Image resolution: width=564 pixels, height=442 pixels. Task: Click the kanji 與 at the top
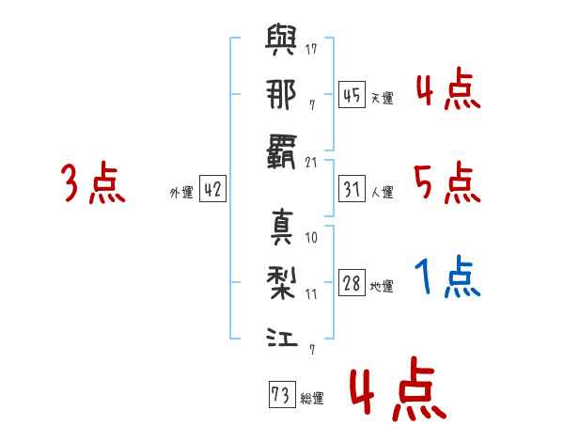coord(281,39)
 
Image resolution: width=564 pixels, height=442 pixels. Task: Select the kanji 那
coord(281,94)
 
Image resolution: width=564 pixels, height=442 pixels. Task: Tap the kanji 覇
coord(281,151)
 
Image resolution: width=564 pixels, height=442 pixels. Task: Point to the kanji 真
coord(282,227)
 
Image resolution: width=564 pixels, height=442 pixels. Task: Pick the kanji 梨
coord(281,282)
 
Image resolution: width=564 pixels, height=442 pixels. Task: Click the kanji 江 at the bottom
coord(282,337)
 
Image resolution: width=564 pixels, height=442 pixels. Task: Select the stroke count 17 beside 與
coord(311,49)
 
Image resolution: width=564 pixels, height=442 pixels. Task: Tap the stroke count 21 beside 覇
coord(311,163)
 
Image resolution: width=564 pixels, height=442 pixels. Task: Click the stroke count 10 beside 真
coord(311,238)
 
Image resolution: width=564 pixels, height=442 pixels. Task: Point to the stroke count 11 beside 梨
coord(311,294)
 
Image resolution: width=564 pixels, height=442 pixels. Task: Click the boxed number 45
coord(352,95)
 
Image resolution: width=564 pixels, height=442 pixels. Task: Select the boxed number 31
coord(352,189)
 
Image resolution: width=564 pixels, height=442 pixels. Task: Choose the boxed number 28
coord(352,283)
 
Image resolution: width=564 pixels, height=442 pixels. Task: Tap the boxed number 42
coord(212,189)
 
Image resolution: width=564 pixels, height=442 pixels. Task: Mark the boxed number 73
coord(282,394)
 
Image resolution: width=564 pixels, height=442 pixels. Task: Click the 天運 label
coord(382,98)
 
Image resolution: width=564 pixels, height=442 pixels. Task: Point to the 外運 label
coord(181,192)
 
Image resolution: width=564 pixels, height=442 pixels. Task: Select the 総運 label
coord(312,398)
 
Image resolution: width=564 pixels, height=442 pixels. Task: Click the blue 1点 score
coord(447,276)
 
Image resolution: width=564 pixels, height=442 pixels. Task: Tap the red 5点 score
coord(447,182)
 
